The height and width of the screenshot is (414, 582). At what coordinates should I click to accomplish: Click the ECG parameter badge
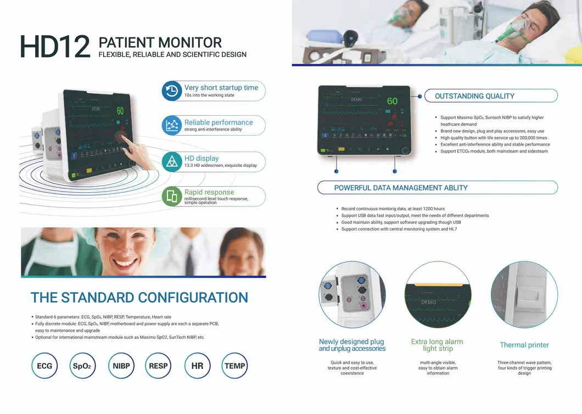coord(44,366)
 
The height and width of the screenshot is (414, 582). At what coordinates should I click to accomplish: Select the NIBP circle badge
coord(121,366)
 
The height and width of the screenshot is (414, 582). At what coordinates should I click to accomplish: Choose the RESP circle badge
coord(159,366)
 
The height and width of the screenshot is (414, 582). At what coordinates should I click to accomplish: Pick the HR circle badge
coord(197,366)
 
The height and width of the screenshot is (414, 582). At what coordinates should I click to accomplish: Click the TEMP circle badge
coord(235,366)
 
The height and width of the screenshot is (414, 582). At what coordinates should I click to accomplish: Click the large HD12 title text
coord(55,47)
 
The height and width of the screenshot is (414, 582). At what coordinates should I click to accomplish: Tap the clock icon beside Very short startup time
coord(172,91)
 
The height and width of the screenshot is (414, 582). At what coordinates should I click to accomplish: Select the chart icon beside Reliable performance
coord(172,126)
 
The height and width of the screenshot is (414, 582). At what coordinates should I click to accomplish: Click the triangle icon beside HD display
coord(172,161)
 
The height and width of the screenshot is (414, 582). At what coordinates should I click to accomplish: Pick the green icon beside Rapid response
coord(172,196)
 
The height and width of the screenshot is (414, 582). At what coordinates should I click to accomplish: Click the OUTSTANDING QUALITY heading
coord(474,96)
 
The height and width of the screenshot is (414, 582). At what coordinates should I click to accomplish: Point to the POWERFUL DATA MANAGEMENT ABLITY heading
coord(401,188)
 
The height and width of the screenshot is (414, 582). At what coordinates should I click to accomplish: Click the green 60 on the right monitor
coord(392,101)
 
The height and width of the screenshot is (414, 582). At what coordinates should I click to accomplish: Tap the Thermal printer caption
coord(524,345)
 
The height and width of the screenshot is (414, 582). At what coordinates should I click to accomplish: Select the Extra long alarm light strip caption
coord(437,345)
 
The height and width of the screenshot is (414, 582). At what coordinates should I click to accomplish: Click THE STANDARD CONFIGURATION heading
coord(139,298)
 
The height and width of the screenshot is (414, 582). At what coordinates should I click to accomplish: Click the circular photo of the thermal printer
coord(524,294)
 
